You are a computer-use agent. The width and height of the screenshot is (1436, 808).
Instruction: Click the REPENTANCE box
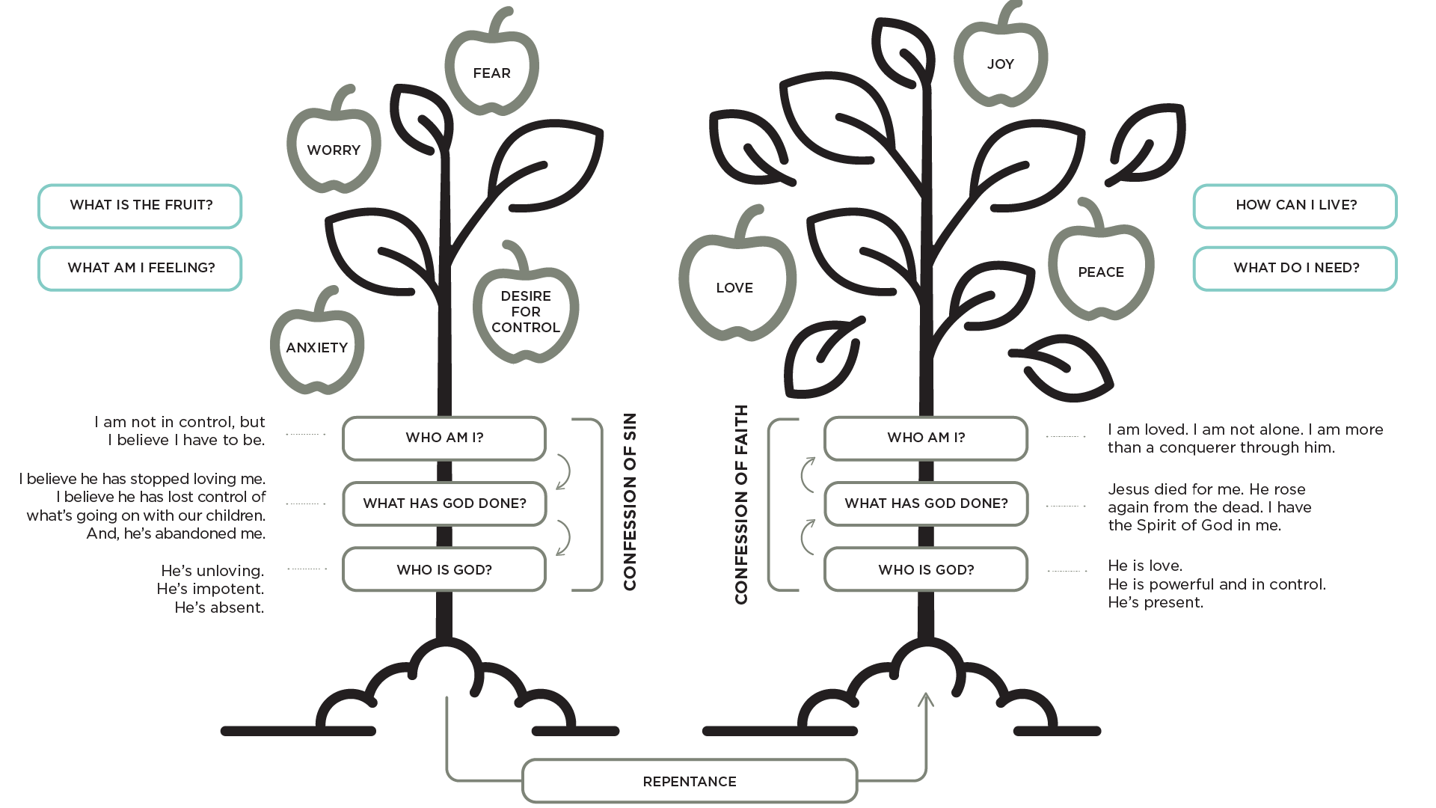(690, 781)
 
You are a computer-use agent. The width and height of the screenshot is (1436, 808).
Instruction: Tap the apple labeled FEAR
(491, 73)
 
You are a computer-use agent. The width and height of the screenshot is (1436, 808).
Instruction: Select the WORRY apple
(334, 150)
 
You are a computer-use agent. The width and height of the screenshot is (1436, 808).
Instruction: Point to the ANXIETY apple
(317, 347)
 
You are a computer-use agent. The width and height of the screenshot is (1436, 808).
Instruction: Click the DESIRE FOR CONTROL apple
(526, 311)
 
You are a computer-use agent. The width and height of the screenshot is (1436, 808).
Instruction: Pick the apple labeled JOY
(1000, 64)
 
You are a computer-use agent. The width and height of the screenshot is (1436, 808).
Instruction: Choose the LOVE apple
(735, 287)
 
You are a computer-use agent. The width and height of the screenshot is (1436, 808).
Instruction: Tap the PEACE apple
(1101, 272)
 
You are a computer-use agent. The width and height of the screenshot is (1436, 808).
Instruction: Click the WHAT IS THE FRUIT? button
(141, 205)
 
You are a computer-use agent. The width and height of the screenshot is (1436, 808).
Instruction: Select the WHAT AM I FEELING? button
(141, 268)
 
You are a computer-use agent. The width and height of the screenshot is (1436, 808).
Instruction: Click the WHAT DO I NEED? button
(1295, 268)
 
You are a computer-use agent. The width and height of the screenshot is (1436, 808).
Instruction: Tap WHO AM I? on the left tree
(444, 438)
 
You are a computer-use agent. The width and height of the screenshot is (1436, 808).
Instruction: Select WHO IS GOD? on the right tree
(926, 570)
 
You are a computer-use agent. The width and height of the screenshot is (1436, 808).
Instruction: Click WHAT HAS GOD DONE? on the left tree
(444, 504)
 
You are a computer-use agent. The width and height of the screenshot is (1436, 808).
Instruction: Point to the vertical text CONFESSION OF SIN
(630, 502)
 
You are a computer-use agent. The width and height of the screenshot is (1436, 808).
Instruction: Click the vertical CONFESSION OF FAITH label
(741, 505)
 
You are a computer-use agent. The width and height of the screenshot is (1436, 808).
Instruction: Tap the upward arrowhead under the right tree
(926, 700)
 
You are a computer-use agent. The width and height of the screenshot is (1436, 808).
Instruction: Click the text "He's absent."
(219, 607)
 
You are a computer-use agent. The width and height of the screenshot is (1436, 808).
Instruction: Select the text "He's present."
(1156, 602)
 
